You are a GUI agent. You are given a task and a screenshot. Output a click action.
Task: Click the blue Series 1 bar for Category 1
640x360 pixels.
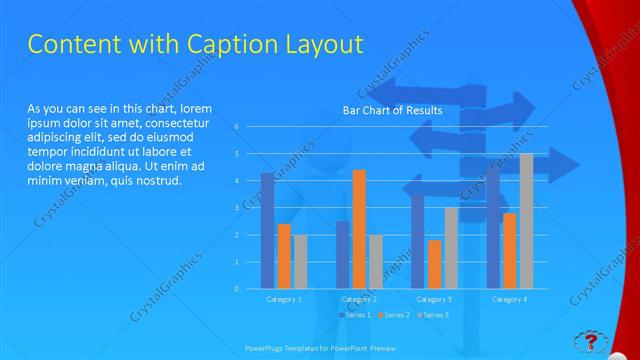(267, 231)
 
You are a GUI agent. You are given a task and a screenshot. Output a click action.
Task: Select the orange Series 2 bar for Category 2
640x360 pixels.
(359, 229)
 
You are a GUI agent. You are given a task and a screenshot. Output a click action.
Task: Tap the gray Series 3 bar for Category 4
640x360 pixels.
(526, 221)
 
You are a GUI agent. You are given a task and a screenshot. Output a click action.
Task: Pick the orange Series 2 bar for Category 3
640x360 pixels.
(435, 264)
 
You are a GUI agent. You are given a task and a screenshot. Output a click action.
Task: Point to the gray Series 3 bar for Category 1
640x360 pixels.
(300, 262)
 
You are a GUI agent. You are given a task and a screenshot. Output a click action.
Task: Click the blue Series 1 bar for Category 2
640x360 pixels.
(343, 255)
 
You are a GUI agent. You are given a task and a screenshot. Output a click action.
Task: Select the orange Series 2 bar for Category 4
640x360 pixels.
(510, 251)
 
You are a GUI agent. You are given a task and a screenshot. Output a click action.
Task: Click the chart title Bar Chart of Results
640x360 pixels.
(392, 110)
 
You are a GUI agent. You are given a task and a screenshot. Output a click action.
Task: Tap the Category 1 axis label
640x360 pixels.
(284, 299)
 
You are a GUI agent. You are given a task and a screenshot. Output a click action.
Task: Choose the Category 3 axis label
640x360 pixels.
(435, 299)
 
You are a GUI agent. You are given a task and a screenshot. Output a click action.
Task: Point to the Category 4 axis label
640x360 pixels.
(510, 299)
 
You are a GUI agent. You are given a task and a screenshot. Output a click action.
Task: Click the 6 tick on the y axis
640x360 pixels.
(237, 127)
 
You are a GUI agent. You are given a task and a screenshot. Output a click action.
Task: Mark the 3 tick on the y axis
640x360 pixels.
(237, 208)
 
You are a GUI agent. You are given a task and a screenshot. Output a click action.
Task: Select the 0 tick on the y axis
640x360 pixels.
(237, 289)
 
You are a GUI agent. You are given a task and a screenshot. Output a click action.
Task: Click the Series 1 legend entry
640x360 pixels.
(356, 315)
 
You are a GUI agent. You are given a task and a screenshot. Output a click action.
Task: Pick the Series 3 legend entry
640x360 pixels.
(434, 315)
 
